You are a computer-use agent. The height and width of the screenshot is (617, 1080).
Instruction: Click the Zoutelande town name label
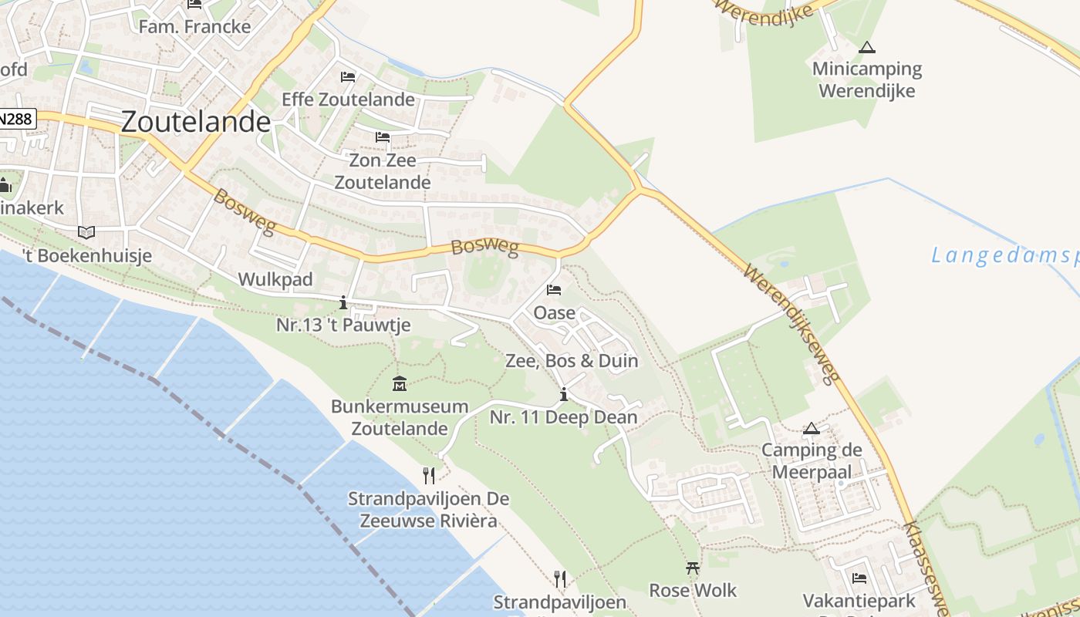click(x=196, y=122)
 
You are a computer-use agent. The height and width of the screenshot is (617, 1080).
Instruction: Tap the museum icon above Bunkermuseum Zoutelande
click(x=400, y=383)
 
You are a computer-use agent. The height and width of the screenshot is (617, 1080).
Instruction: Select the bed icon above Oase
click(x=554, y=290)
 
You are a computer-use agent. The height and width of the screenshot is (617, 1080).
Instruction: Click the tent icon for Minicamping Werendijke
click(x=867, y=47)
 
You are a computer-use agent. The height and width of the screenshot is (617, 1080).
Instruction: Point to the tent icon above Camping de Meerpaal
click(x=811, y=428)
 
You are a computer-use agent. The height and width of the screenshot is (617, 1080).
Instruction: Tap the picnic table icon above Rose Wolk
click(x=693, y=568)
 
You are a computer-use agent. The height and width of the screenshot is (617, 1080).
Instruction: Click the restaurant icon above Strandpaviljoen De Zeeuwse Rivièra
click(x=429, y=475)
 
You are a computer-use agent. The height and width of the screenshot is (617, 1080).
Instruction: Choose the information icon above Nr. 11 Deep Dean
click(x=564, y=395)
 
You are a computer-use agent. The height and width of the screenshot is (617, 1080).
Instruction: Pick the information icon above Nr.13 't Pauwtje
click(x=343, y=302)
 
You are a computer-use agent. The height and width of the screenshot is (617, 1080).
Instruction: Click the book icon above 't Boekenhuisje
click(x=86, y=232)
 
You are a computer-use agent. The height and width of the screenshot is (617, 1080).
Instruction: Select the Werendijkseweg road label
click(x=791, y=324)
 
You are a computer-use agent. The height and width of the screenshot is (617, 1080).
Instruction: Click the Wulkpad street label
click(x=275, y=279)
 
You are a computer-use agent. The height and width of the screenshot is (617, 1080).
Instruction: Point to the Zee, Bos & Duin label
click(x=572, y=361)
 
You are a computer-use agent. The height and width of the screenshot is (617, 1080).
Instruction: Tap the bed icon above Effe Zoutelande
click(x=348, y=77)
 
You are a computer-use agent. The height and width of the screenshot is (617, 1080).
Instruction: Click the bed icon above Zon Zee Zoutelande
click(x=383, y=137)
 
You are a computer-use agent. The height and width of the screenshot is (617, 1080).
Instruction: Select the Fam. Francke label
click(x=194, y=26)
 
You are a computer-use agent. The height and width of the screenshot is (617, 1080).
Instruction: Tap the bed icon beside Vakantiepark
click(x=859, y=578)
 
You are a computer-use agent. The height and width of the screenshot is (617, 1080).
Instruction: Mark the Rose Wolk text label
click(x=693, y=591)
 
